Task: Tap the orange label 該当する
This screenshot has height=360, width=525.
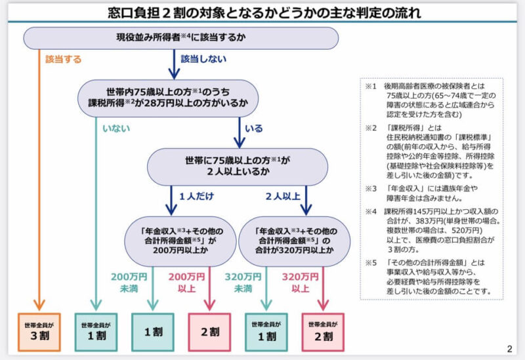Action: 64,59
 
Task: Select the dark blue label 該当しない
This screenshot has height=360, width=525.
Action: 203,59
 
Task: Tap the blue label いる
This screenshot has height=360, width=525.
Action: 254,129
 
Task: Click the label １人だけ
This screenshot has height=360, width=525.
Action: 196,196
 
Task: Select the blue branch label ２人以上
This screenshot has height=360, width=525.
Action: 283,196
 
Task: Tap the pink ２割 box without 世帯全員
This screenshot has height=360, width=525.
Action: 209,332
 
